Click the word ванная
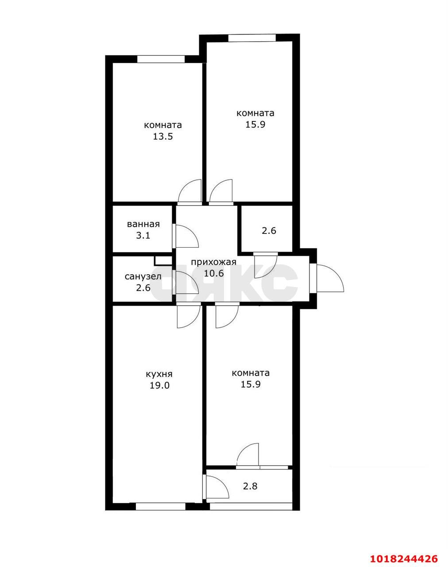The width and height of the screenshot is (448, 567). coord(143,224)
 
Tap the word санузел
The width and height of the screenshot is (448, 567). coord(143,277)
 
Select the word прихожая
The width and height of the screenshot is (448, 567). coord(213,262)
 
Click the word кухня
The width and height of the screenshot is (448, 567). coord(159,374)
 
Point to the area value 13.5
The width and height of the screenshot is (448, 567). coord(163,136)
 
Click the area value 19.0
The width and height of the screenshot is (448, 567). coord(160,386)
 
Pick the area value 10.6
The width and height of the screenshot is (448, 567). coord(214,273)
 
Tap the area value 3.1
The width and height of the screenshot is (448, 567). coord(143,235)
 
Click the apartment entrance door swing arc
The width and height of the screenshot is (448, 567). coord(331,278)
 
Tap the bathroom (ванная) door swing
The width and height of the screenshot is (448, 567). coord(187,236)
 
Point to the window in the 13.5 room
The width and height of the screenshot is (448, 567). coord(161,59)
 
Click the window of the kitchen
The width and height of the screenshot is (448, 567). coord(161,507)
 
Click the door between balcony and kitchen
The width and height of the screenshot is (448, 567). coord(217,487)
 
